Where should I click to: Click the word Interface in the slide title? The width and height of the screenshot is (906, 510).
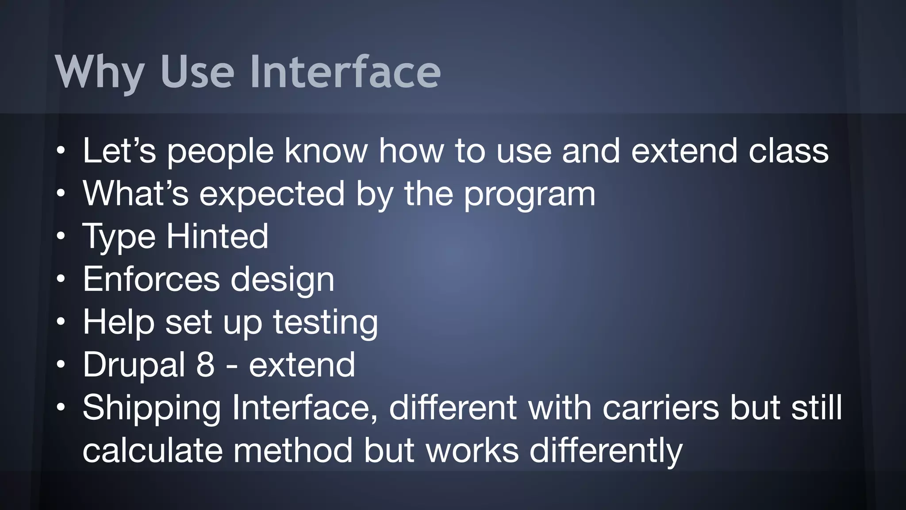(x=345, y=72)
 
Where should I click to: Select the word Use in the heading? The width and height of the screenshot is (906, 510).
(x=197, y=72)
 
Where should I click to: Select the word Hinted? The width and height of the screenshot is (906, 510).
(x=217, y=236)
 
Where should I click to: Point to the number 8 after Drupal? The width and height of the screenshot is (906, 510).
(x=205, y=365)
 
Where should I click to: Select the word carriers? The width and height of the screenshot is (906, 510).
(x=660, y=408)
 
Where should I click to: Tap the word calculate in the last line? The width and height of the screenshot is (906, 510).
(x=153, y=451)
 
